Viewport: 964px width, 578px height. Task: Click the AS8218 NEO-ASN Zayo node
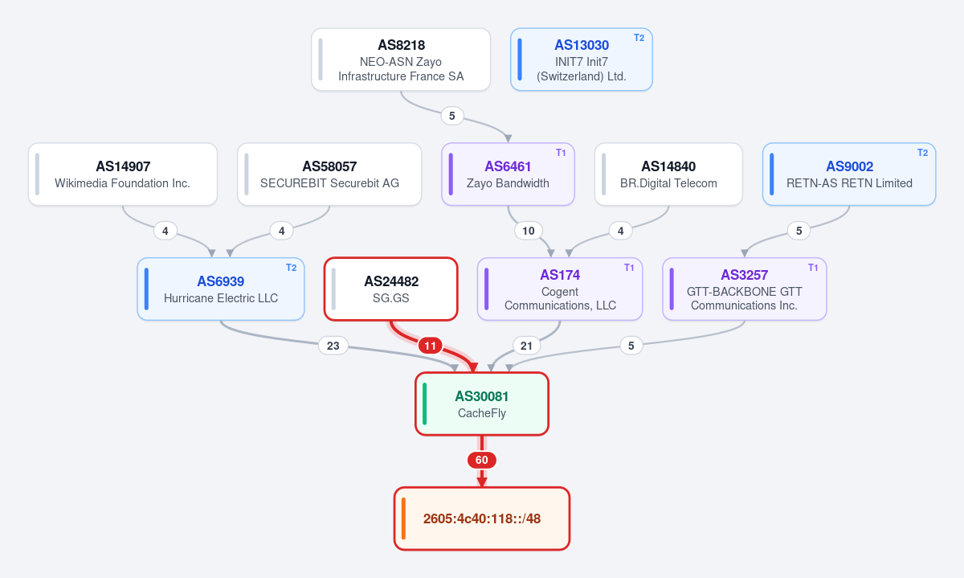401,59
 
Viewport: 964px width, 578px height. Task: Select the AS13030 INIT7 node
582,59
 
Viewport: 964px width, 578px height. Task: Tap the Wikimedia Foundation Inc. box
123,174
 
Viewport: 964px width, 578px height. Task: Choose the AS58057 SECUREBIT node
329,174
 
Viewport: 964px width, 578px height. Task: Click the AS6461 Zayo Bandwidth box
508,174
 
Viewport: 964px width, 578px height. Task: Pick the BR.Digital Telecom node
668,174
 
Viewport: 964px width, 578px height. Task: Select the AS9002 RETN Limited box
849,174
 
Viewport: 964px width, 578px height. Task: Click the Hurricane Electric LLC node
221,289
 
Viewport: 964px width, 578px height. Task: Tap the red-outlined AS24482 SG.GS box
390,289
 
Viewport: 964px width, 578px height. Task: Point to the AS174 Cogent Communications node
560,289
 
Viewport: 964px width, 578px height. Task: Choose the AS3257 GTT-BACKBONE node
745,289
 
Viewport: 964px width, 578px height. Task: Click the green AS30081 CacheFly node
482,404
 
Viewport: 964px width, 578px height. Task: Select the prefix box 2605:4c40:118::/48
482,519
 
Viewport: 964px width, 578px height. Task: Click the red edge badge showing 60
482,460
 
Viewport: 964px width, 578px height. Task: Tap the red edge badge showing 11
430,346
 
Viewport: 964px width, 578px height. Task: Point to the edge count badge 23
333,346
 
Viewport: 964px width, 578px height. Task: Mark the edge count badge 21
526,346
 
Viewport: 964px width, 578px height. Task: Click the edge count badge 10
529,231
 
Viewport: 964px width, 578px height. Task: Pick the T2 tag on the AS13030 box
639,38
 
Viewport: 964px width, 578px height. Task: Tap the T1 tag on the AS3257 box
813,268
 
